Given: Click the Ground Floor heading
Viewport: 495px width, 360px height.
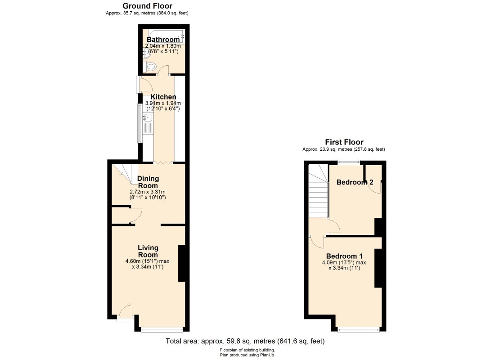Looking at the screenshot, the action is (148, 6).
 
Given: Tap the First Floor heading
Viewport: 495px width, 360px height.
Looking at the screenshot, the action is (344, 142).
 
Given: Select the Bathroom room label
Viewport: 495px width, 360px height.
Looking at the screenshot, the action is (163, 40).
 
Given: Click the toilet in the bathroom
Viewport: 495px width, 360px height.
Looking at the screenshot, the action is (151, 67).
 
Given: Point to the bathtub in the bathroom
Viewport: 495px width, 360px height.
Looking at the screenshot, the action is (166, 36).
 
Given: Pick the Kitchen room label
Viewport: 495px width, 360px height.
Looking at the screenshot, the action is (163, 97).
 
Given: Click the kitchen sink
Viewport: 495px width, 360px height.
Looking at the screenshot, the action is (148, 118).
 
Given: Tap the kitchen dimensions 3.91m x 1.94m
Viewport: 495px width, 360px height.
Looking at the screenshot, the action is (163, 103).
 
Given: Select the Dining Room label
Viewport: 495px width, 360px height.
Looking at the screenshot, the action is (148, 182).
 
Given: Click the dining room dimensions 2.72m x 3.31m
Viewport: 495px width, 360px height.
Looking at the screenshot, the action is (148, 192).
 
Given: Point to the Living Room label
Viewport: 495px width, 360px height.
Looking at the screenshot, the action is (148, 252).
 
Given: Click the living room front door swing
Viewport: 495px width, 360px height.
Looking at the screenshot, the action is (126, 310).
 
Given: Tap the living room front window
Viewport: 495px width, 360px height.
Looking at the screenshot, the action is (162, 329).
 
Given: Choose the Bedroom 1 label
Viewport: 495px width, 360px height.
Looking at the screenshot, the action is (344, 256).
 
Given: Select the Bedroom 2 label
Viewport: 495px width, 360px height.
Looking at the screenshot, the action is (355, 182).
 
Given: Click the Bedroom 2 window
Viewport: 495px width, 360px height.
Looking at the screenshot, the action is (348, 162).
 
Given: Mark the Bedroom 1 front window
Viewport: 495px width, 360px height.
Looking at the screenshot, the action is (359, 329).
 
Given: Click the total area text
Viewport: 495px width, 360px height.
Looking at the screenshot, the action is (245, 341).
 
